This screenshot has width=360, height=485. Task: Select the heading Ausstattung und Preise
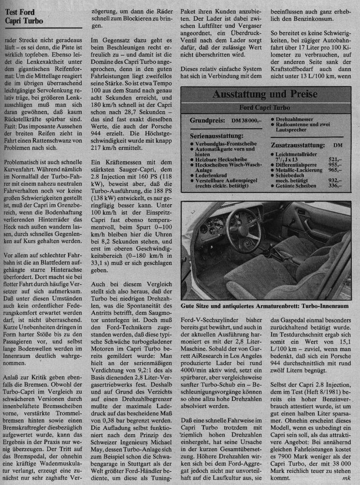264,93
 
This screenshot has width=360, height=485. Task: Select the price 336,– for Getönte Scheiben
334,185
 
